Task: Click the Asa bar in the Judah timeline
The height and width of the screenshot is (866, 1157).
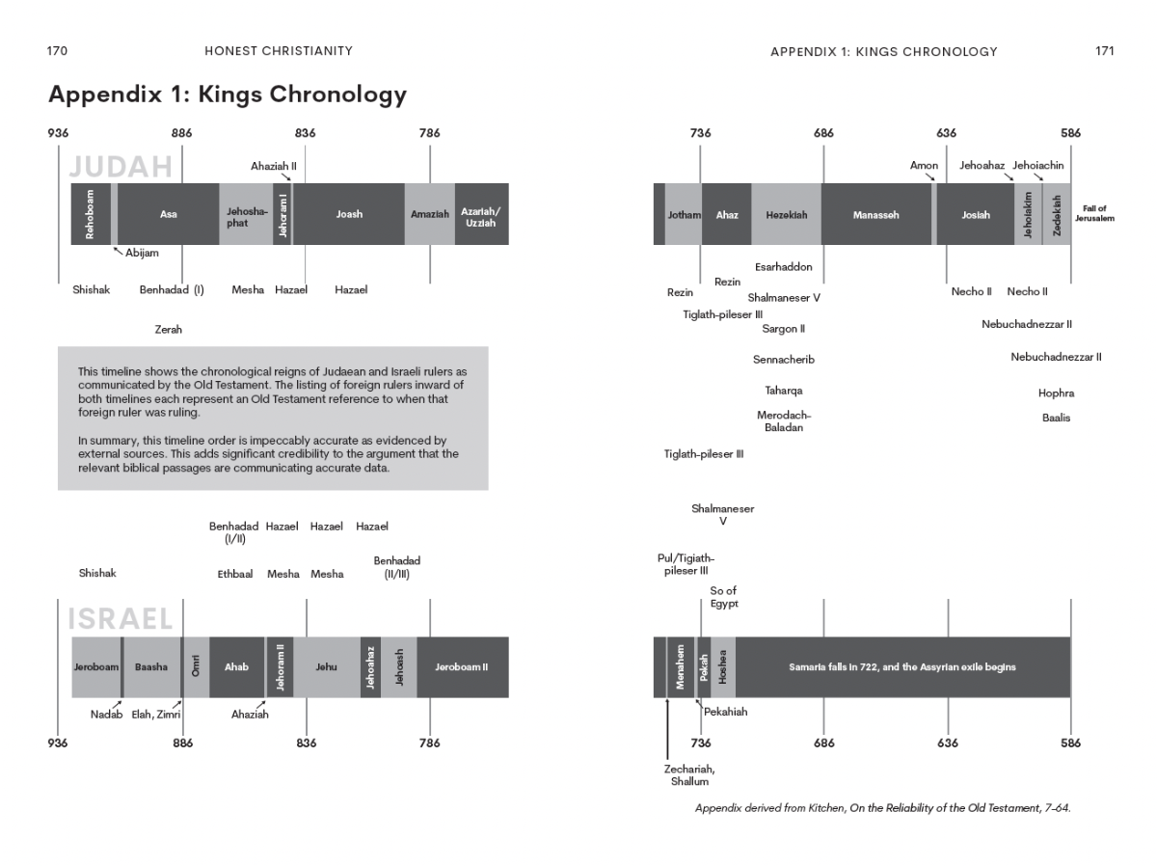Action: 168,214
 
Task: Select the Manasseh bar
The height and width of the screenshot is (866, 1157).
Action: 875,215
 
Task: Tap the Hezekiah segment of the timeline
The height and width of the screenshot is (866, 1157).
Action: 786,215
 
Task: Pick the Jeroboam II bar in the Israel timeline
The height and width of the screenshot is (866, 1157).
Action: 462,666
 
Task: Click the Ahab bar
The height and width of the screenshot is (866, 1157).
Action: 236,666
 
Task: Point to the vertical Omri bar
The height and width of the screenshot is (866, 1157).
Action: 196,666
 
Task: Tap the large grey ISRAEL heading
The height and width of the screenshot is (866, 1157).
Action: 121,618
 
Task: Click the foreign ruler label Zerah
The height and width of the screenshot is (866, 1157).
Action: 168,330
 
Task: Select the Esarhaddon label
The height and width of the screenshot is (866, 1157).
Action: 783,267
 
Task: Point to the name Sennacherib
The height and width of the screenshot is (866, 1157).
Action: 783,360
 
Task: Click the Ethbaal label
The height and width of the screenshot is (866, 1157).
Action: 235,575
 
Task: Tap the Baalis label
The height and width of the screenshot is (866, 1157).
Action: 1056,418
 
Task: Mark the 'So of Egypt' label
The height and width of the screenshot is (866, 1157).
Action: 723,597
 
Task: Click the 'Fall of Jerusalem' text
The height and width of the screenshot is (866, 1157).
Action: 1093,214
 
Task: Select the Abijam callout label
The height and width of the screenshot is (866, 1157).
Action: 142,254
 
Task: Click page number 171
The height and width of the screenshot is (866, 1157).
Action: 1104,51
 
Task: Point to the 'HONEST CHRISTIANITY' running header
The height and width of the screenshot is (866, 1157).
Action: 280,51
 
